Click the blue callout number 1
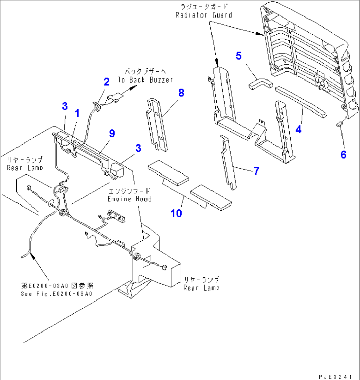(x=77, y=114)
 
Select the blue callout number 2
(x=106, y=82)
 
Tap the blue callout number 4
(x=299, y=129)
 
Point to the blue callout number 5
(x=238, y=56)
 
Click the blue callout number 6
(x=343, y=154)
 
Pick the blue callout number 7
(x=256, y=171)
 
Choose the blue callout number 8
(x=181, y=93)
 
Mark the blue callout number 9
(x=112, y=133)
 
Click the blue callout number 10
(x=176, y=213)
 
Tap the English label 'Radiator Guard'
(x=204, y=15)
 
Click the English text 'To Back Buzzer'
(x=145, y=80)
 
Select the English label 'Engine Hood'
(x=129, y=199)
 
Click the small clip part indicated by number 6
(x=339, y=124)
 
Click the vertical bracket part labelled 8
(x=156, y=125)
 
